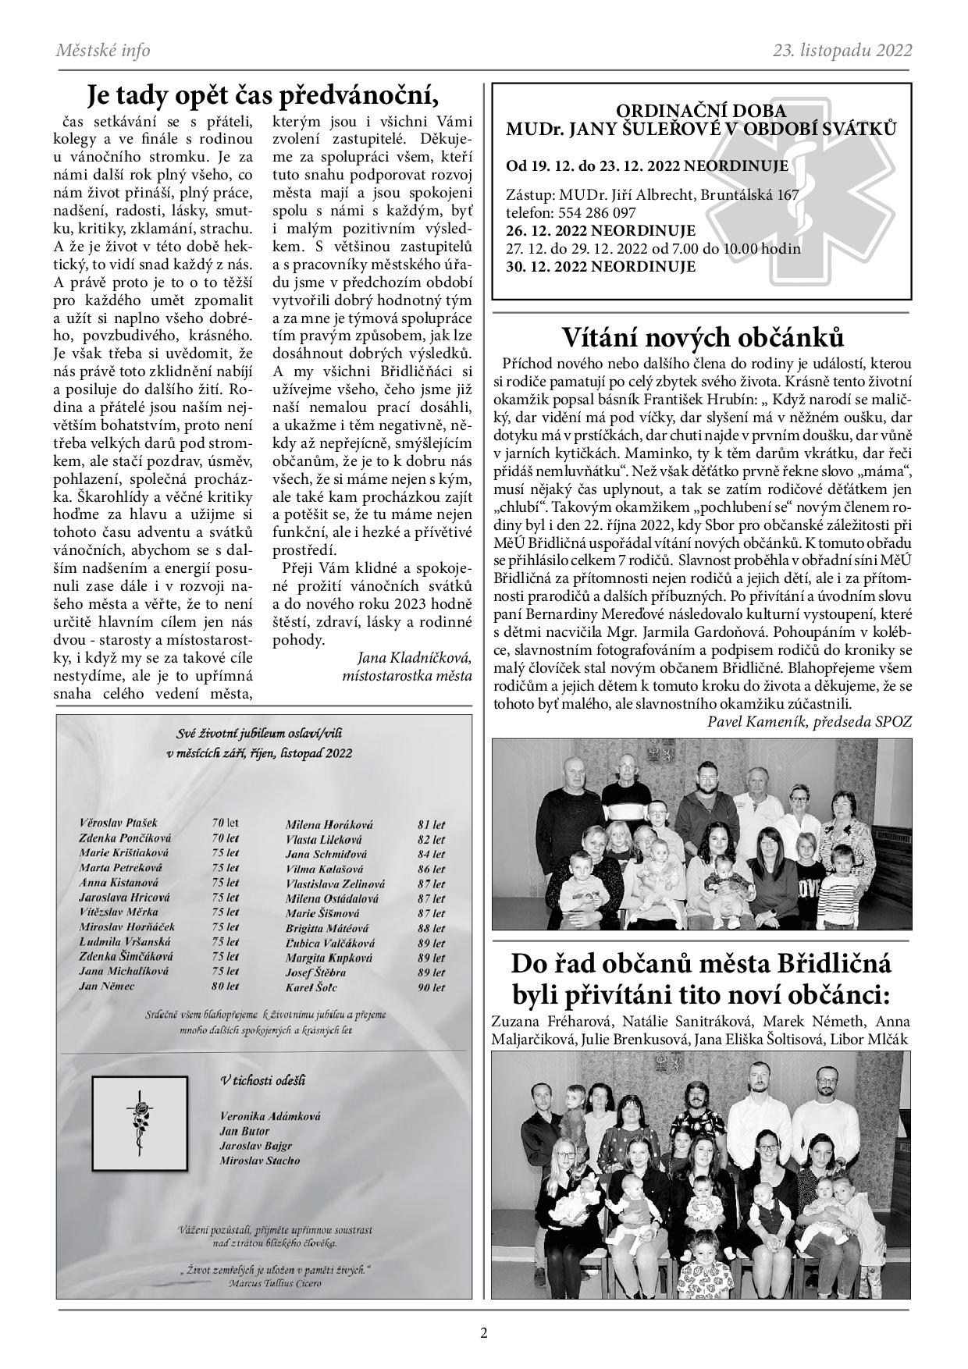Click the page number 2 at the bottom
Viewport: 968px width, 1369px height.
(484, 1333)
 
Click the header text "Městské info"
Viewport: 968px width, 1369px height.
(103, 51)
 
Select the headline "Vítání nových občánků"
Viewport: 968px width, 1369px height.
(703, 337)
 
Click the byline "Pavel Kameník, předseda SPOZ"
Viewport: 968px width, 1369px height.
(809, 721)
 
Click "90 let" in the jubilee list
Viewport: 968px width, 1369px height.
(432, 987)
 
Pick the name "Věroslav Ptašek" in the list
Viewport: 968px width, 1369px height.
(119, 823)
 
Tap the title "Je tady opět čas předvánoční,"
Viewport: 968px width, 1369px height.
(263, 96)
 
